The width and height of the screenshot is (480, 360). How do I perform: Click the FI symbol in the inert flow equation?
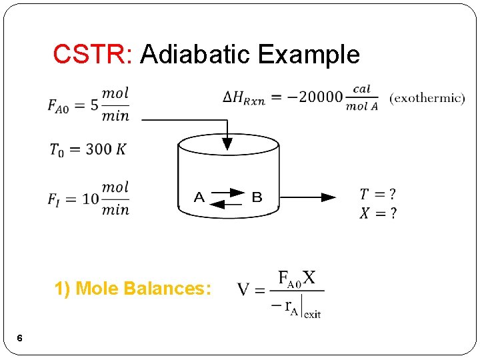click(56, 199)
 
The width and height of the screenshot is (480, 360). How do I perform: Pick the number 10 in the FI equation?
click(91, 199)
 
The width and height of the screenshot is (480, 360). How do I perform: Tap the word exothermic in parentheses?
click(427, 99)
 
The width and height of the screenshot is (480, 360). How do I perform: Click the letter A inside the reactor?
click(199, 197)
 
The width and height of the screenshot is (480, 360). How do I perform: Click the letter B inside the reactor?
click(257, 197)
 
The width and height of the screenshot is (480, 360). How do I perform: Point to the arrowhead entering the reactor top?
click(227, 143)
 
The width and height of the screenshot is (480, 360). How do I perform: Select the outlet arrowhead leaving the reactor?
click(329, 197)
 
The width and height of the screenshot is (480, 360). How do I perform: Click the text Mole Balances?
click(144, 289)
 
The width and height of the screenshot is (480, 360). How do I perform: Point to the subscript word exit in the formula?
click(312, 313)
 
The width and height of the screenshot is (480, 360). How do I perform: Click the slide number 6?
click(20, 339)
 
